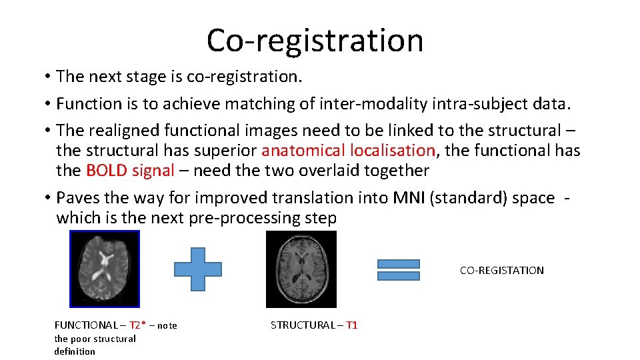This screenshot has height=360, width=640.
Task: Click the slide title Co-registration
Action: pos(315,40)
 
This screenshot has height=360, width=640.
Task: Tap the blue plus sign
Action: pos(198,269)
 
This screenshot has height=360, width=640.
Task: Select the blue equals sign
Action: pos(398,269)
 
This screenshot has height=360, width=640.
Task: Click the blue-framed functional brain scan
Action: pos(105,269)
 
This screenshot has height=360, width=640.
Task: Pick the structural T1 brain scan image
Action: pos(301,269)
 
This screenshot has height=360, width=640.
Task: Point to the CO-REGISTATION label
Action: pos(501,271)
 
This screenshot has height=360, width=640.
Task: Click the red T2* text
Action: pos(137,325)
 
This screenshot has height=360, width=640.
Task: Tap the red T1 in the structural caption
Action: pos(351,325)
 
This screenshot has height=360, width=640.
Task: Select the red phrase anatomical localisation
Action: pos(349,151)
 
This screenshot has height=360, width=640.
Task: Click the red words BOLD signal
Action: pos(130,171)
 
